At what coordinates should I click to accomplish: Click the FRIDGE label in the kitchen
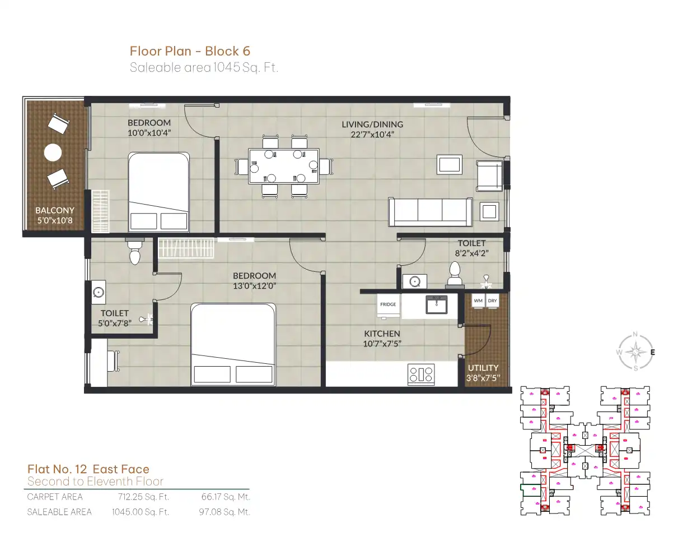point(388,304)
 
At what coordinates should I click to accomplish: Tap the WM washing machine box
point(478,301)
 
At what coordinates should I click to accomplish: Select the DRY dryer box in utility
point(492,301)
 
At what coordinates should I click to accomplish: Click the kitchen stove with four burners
point(421,374)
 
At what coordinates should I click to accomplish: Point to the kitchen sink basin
point(436,304)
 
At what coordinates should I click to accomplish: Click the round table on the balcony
point(53,152)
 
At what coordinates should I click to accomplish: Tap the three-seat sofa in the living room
point(431,212)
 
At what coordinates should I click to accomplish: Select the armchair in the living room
point(489,175)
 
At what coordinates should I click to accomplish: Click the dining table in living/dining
point(283,167)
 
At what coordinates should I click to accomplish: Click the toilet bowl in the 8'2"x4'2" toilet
point(455,275)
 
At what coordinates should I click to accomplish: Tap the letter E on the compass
point(652,352)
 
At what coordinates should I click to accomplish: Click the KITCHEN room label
point(382,334)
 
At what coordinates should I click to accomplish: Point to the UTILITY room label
point(483,368)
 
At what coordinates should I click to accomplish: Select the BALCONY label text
point(55,210)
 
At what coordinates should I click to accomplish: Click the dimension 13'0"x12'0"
point(255,286)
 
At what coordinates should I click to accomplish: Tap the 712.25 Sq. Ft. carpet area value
point(144,497)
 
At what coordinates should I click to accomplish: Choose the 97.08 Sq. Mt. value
point(225,512)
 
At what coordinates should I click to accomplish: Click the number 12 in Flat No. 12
point(81,469)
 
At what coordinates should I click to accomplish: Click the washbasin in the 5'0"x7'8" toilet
point(99,293)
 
